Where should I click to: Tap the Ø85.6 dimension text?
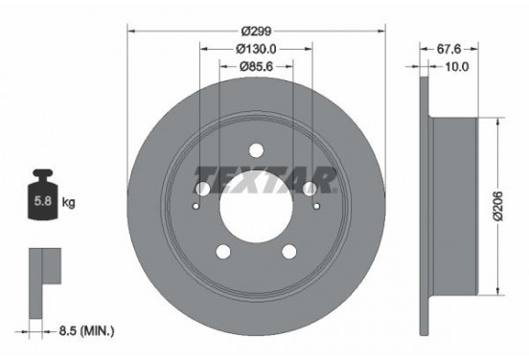(256, 67)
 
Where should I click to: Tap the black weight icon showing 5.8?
(42, 201)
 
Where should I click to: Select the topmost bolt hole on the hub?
(257, 149)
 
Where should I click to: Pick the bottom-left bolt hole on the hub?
(224, 251)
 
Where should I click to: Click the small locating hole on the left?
(197, 203)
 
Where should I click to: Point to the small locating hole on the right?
(316, 203)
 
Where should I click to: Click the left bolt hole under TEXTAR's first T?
(203, 189)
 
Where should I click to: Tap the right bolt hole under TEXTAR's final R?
(310, 189)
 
